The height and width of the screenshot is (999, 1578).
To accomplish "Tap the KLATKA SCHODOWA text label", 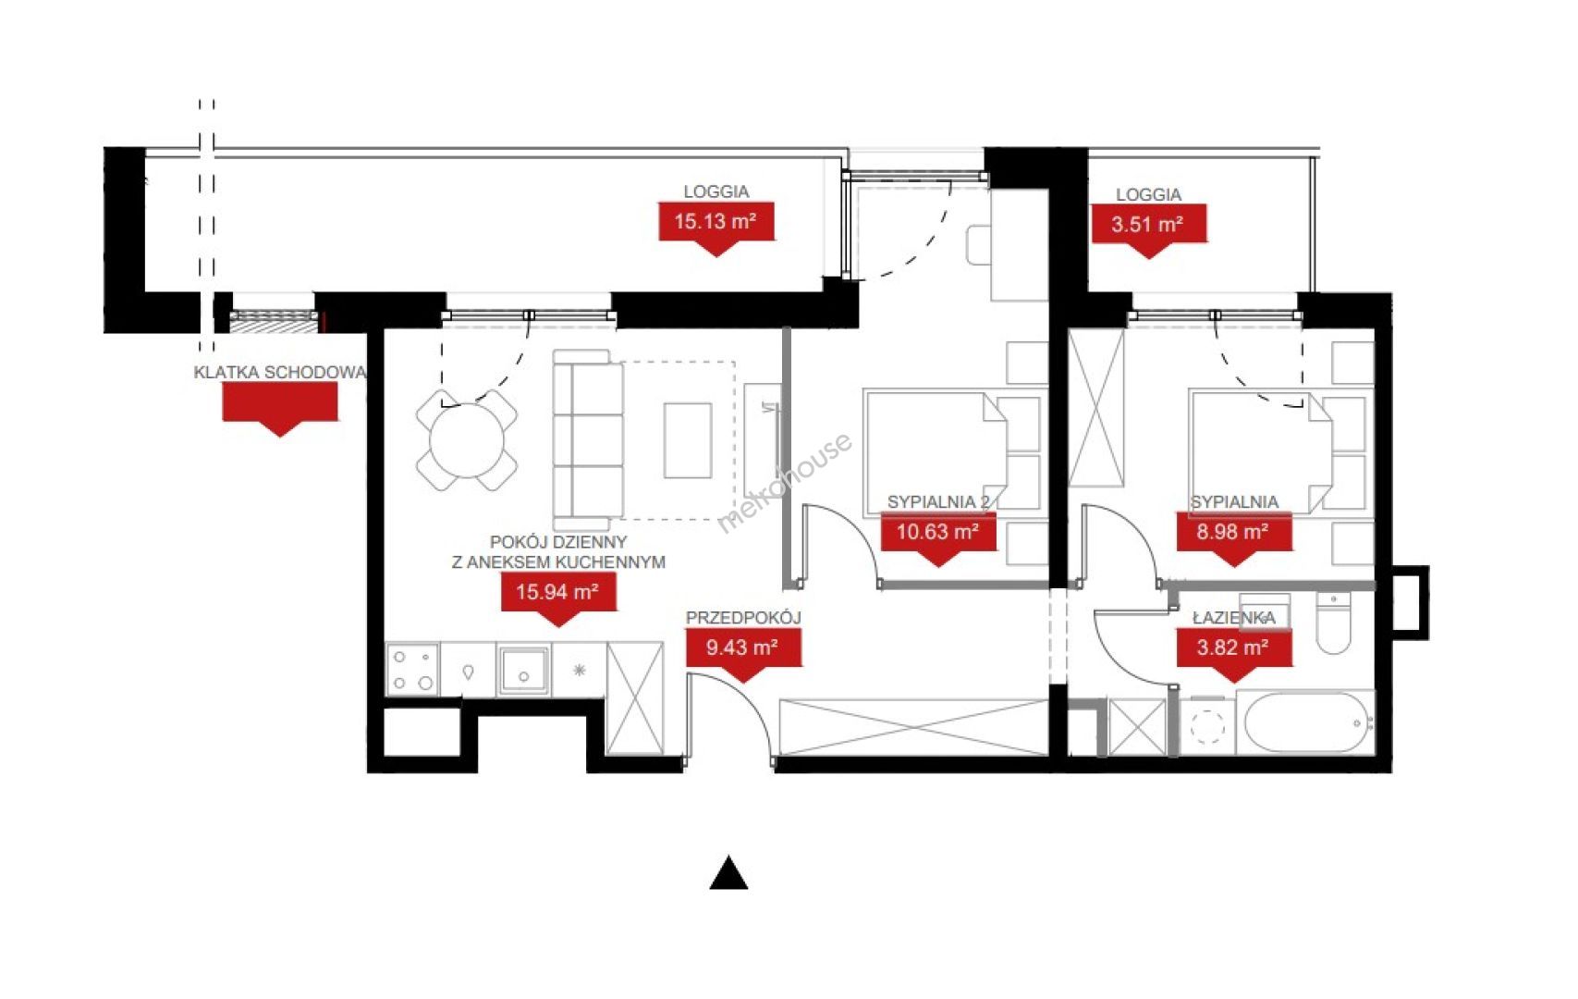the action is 280,372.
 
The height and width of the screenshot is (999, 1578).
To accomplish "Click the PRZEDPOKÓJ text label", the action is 744,618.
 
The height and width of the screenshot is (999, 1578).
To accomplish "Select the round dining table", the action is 467,440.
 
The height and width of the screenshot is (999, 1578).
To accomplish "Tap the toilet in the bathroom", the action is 1334,623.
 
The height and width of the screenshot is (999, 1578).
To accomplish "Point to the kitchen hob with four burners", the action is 413,669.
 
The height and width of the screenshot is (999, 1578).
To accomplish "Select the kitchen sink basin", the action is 522,670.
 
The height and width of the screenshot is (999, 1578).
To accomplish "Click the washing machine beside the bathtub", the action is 1207,726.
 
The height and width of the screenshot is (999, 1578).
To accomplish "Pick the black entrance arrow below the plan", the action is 729,873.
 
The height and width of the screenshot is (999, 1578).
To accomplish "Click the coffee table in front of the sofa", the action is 688,440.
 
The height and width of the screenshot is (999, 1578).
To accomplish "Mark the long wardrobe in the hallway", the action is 914,728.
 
